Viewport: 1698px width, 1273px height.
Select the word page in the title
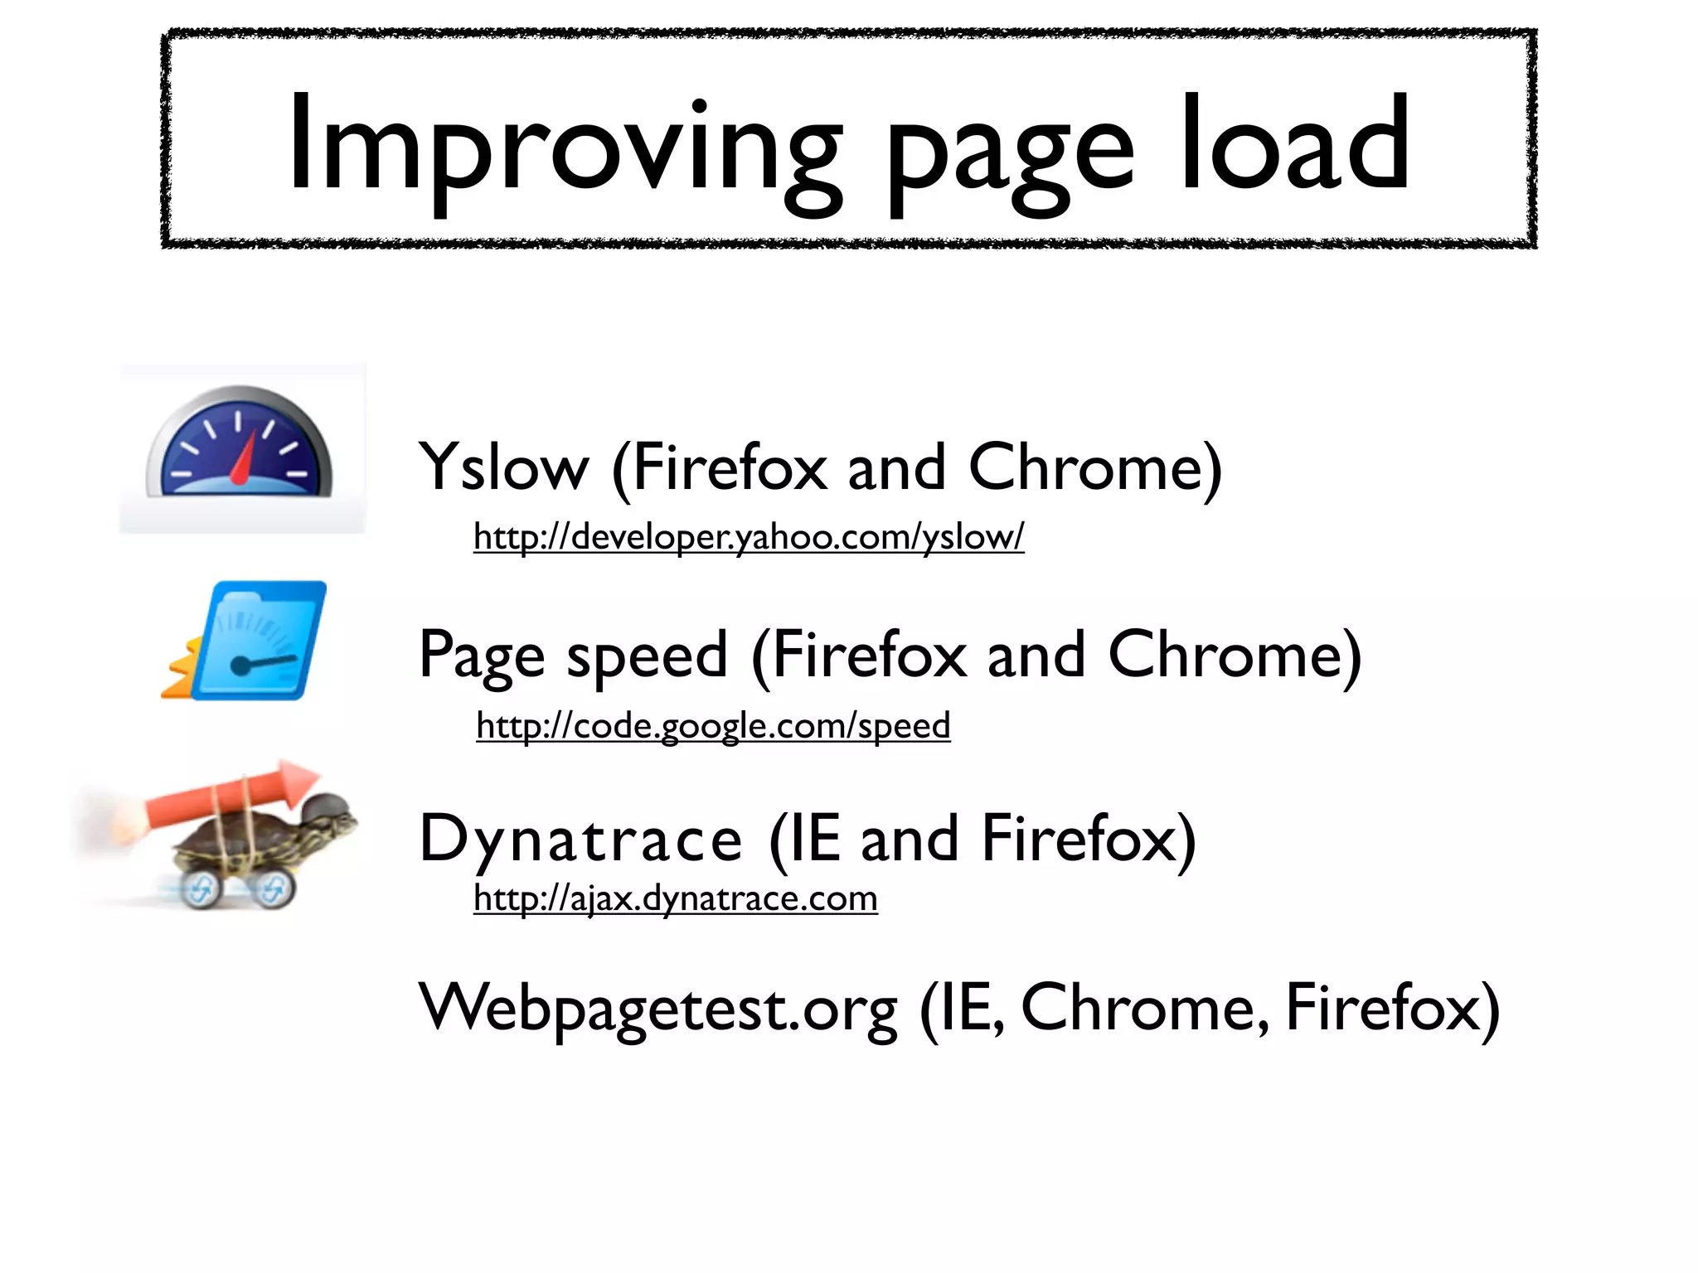coord(1009,153)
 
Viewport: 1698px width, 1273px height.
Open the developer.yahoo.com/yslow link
coord(749,537)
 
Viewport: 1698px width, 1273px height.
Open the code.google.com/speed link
coord(713,726)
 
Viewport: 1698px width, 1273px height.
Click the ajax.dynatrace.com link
coord(675,898)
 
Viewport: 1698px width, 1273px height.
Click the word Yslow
coord(503,468)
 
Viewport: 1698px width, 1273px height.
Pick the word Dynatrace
coord(580,840)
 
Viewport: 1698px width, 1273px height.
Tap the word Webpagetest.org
coord(658,1009)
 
